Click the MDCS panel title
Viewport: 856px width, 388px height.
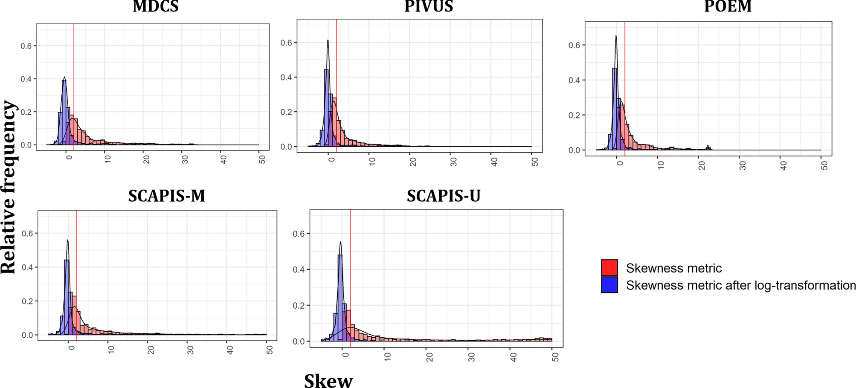point(155,6)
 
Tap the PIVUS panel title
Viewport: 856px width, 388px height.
point(428,6)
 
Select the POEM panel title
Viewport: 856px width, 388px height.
point(728,6)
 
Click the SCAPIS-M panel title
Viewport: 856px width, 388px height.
point(166,196)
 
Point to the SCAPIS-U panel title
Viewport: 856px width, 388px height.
point(444,196)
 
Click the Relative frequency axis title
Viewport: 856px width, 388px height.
point(9,188)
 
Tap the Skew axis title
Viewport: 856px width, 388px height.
point(328,380)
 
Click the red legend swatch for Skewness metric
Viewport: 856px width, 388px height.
point(609,268)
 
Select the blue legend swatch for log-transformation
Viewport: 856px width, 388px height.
point(609,285)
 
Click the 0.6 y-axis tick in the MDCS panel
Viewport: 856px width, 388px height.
point(26,46)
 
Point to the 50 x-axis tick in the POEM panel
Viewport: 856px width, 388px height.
point(824,166)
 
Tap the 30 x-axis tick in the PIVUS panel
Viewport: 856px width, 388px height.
point(453,162)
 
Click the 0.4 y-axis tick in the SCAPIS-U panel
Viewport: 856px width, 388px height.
point(299,270)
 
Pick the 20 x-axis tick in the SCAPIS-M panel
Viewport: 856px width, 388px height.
point(151,350)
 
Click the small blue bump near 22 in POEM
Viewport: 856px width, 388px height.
point(708,148)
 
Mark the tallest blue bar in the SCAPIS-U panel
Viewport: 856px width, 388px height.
point(340,298)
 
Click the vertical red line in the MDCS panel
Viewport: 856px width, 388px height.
point(74,85)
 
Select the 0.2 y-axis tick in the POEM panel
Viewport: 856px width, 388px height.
point(574,116)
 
